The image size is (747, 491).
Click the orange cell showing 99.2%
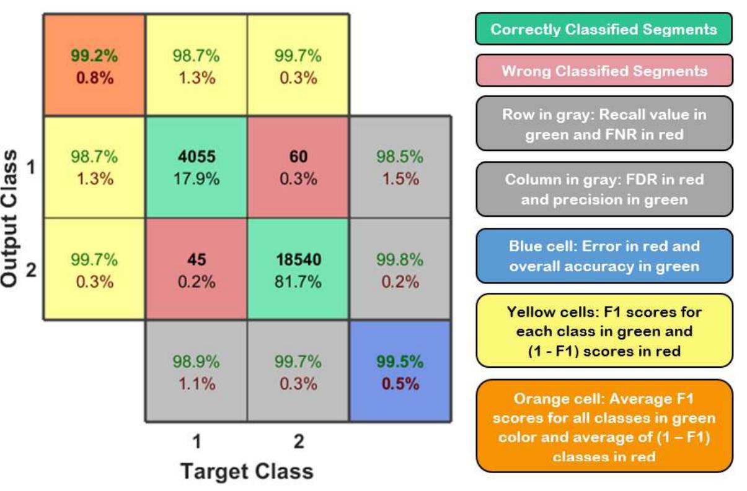pyautogui.click(x=94, y=65)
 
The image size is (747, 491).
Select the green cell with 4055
pyautogui.click(x=196, y=167)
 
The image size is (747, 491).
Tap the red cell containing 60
pyautogui.click(x=298, y=167)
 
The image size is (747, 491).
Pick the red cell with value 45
pyautogui.click(x=196, y=270)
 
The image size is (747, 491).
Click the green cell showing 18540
pyautogui.click(x=298, y=270)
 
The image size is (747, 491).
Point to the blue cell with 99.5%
pyautogui.click(x=400, y=372)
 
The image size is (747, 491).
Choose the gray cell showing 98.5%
pyautogui.click(x=400, y=167)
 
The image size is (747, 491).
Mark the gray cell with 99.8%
pyautogui.click(x=400, y=270)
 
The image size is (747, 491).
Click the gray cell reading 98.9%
pyautogui.click(x=196, y=372)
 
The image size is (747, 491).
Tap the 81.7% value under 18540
pyautogui.click(x=298, y=282)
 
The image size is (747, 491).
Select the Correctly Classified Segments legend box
pyautogui.click(x=603, y=29)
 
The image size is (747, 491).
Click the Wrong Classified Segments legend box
pyautogui.click(x=603, y=71)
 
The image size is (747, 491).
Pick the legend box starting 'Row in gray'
pyautogui.click(x=603, y=124)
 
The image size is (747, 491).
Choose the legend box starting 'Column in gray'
pyautogui.click(x=603, y=189)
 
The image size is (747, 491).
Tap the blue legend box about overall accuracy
pyautogui.click(x=603, y=256)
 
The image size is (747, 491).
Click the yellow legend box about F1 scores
pyautogui.click(x=603, y=331)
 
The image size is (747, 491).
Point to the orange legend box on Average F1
pyautogui.click(x=603, y=428)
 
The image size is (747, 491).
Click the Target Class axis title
pyautogui.click(x=247, y=471)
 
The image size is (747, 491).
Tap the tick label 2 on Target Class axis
pyautogui.click(x=298, y=441)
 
